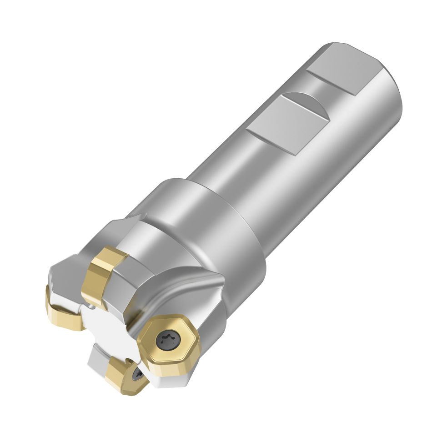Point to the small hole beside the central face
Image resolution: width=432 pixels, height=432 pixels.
point(92,308)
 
